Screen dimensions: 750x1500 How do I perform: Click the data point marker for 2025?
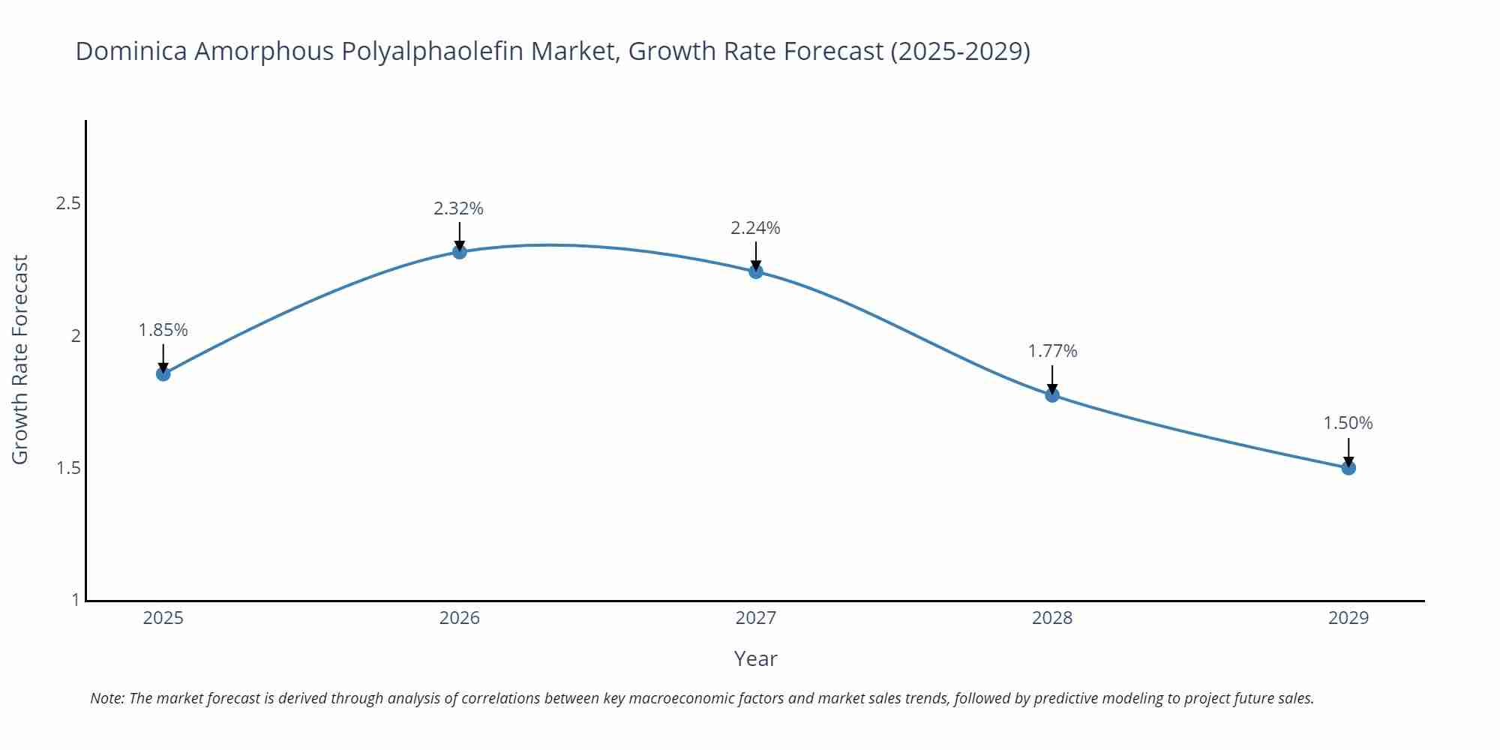[x=163, y=373]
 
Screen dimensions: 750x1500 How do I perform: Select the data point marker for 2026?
[x=460, y=251]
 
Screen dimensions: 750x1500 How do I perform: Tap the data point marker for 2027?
[x=756, y=271]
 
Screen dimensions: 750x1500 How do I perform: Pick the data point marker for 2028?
[x=1052, y=394]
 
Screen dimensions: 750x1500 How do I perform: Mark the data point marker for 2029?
[x=1348, y=467]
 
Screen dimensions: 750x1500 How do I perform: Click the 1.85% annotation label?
[x=163, y=330]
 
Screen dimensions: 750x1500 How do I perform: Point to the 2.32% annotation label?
[x=459, y=208]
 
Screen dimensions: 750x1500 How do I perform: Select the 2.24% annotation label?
[x=756, y=228]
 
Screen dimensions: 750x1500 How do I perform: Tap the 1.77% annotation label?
[x=1052, y=351]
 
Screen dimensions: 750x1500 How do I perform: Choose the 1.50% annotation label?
[x=1348, y=423]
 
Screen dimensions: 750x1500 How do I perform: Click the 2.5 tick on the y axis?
[x=68, y=203]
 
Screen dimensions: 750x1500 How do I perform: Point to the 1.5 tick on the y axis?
[x=68, y=468]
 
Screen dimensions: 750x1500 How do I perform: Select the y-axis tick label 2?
[x=76, y=336]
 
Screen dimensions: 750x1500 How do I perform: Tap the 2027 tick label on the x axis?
[x=756, y=618]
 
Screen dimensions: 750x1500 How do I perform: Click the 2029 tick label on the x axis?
[x=1348, y=618]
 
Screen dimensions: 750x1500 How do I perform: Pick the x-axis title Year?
[x=755, y=658]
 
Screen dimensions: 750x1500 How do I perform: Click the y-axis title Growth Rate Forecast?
[x=20, y=359]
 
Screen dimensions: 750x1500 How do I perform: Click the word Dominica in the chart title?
[x=131, y=51]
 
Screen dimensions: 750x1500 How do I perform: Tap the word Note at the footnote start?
[x=106, y=698]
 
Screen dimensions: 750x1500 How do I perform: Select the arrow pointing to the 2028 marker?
[x=1052, y=379]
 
